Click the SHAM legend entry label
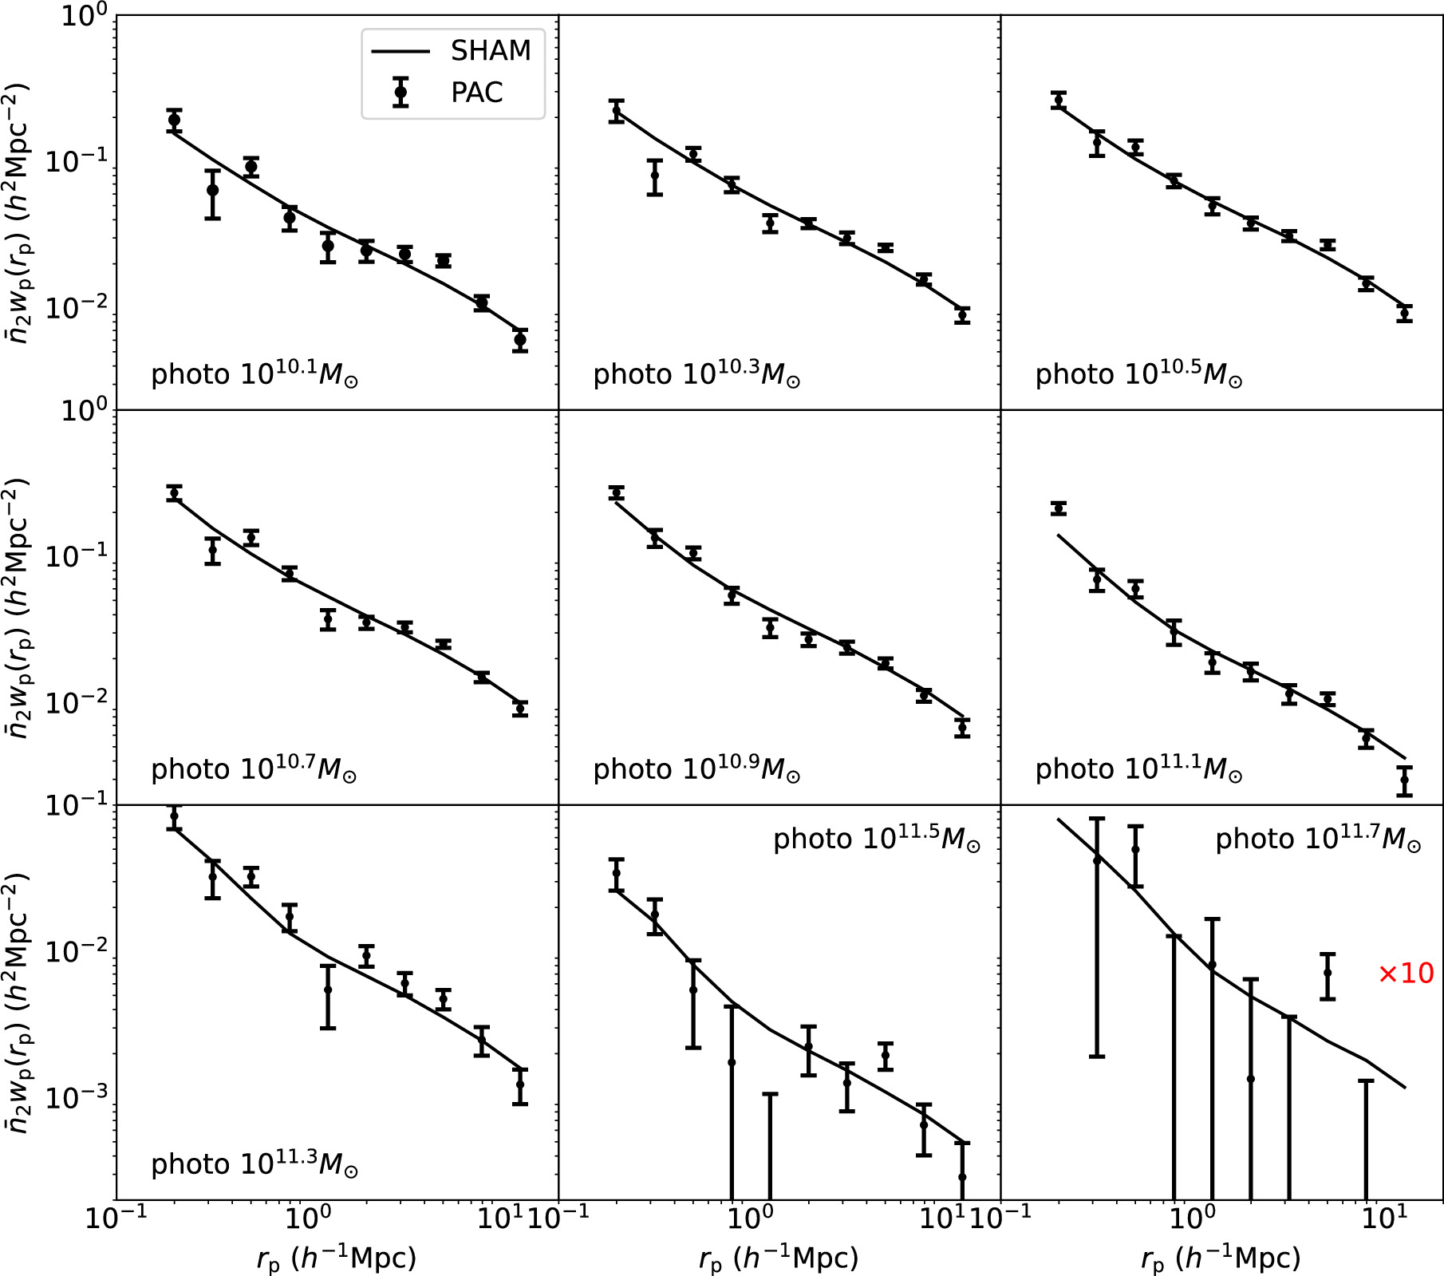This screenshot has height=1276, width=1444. point(490,51)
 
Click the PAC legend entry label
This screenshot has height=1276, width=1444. point(476,93)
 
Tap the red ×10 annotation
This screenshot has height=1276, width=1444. point(1406,974)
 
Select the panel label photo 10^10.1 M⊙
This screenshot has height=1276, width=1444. point(254,373)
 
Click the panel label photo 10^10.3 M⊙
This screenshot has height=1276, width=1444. point(696,373)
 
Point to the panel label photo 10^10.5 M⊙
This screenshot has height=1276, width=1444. point(1138,373)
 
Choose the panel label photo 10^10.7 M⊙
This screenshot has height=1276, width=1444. point(254,768)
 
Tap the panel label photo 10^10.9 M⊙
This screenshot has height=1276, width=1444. point(696,768)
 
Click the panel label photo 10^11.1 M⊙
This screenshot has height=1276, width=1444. point(1138,768)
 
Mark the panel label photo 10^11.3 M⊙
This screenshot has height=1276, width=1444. point(254,1164)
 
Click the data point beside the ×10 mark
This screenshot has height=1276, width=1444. point(1328,973)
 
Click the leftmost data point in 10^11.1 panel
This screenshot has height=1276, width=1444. point(1059,508)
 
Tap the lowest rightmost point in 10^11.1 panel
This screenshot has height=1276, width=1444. point(1405,780)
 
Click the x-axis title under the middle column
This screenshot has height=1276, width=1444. point(779,1258)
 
